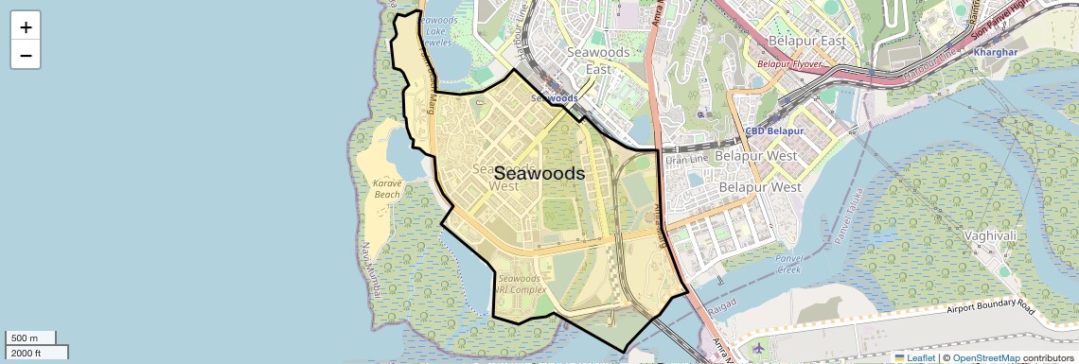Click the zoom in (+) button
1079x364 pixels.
(26, 26)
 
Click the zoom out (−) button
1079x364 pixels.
(26, 55)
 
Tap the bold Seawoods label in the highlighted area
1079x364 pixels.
(539, 174)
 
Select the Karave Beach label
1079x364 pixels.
(387, 188)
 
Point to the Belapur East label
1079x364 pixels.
(795, 42)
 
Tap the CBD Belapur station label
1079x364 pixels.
(774, 131)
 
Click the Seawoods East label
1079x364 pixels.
(598, 61)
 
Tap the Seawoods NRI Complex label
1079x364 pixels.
(520, 284)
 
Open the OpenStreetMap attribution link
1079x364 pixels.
(985, 357)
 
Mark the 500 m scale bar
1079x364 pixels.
(30, 338)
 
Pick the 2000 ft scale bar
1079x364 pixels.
(36, 353)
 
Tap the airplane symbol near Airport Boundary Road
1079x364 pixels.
(758, 348)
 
